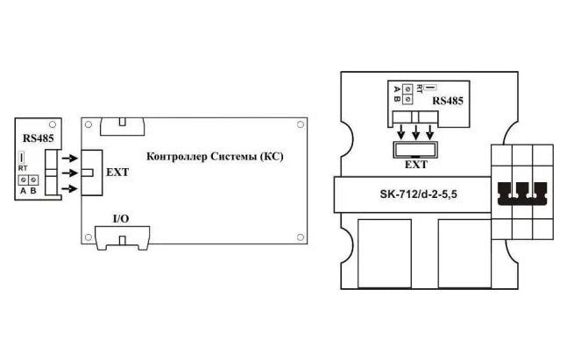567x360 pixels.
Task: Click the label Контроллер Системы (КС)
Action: coord(215,157)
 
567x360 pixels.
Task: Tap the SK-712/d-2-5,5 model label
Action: coord(418,194)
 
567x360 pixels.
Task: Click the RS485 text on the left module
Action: coord(38,138)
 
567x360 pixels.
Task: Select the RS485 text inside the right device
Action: coord(448,101)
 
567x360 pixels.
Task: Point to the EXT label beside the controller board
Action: coord(117,173)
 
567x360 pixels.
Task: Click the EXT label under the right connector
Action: coord(416,165)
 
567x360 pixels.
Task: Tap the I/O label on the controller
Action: coord(121,219)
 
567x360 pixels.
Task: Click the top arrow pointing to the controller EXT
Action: coord(70,158)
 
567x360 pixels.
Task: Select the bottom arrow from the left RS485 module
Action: coord(70,188)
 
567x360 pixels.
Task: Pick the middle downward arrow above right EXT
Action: coord(416,132)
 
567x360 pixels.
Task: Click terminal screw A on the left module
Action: coord(23,180)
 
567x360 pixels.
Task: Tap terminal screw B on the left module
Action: coord(33,180)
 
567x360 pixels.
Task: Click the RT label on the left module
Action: coord(23,168)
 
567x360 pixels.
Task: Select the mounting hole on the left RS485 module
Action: coord(53,124)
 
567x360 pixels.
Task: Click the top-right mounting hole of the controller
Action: coord(300,124)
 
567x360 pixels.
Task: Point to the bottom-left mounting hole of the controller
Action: coord(89,237)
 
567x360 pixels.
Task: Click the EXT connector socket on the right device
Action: coord(415,150)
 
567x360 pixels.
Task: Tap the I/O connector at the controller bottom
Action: coord(122,238)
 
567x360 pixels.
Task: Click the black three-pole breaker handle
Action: coord(522,194)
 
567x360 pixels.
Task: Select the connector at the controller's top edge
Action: coord(122,126)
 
